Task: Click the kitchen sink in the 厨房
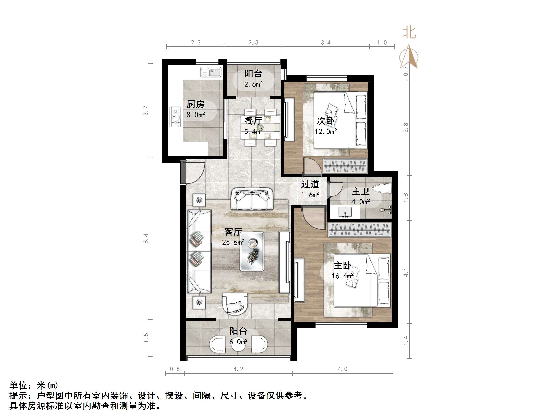[x=211, y=72]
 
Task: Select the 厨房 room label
[x=196, y=104]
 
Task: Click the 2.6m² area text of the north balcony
[x=253, y=84]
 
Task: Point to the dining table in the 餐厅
[x=260, y=127]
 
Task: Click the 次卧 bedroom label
[x=326, y=121]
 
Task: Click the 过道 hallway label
[x=310, y=184]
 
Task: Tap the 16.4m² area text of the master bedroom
[x=342, y=276]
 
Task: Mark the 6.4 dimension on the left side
[x=146, y=239]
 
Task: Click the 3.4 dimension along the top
[x=326, y=43]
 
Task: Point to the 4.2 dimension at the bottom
[x=238, y=369]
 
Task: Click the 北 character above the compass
[x=409, y=33]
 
